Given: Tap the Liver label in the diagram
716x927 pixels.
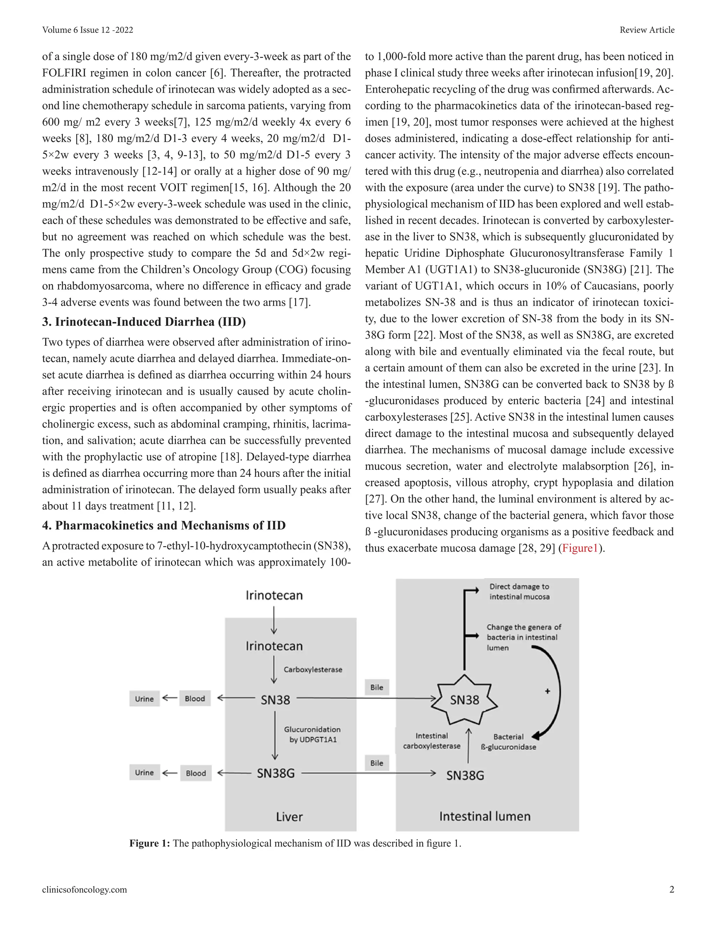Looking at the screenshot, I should pyautogui.click(x=289, y=817).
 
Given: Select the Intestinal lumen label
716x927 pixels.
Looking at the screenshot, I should pyautogui.click(x=485, y=816).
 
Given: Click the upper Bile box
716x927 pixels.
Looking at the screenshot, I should pyautogui.click(x=377, y=687).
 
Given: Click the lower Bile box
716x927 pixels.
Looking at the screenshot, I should pyautogui.click(x=377, y=763).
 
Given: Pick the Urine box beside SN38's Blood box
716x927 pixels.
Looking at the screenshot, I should pyautogui.click(x=144, y=699).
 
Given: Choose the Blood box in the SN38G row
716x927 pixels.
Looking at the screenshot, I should pyautogui.click(x=195, y=773).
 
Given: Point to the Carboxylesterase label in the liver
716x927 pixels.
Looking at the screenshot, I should pyautogui.click(x=313, y=669).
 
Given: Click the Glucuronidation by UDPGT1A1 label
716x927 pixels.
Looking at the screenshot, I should pyautogui.click(x=313, y=734).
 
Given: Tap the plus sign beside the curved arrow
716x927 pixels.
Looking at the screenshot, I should pyautogui.click(x=547, y=691).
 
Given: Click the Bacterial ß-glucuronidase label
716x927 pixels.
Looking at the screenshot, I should pyautogui.click(x=509, y=742).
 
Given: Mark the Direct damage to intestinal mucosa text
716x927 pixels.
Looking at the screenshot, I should pyautogui.click(x=519, y=591).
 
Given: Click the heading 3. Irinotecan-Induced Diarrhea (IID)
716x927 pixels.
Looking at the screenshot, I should pyautogui.click(x=144, y=321).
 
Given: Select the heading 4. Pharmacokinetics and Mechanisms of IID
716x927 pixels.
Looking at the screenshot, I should pyautogui.click(x=164, y=525).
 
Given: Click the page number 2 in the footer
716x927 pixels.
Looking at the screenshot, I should pyautogui.click(x=672, y=889).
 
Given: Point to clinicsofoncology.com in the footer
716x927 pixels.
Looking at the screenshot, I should pyautogui.click(x=84, y=889).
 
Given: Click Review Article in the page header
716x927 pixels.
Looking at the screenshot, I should pyautogui.click(x=647, y=30).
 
